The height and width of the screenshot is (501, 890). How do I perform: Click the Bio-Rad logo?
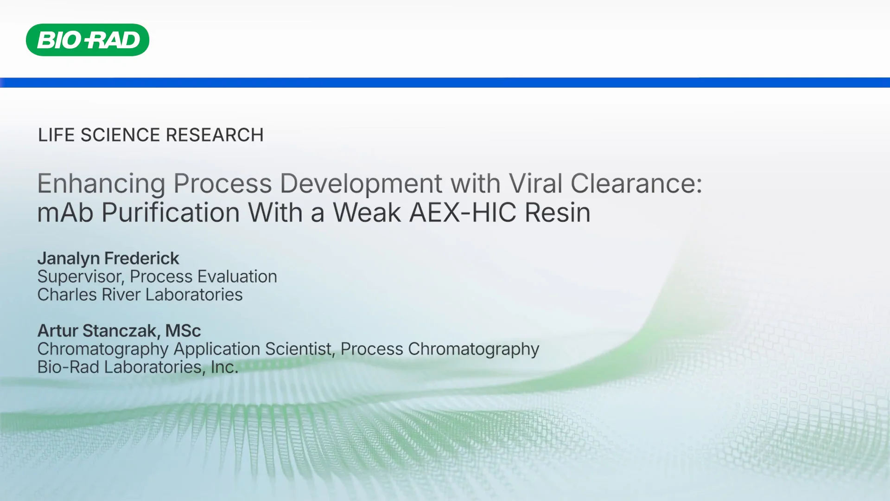(x=88, y=40)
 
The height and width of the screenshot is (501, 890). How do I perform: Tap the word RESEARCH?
(x=215, y=135)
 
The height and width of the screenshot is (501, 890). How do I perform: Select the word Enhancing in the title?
(x=101, y=184)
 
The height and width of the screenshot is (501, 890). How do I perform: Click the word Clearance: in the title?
(x=636, y=184)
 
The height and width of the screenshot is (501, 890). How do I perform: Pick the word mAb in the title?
(x=65, y=213)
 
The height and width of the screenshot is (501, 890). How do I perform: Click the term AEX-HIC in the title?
(x=463, y=213)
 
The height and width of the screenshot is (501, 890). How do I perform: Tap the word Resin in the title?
(x=558, y=213)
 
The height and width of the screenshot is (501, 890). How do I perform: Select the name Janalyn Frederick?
(x=108, y=258)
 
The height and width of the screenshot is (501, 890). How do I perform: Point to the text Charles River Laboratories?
(x=140, y=295)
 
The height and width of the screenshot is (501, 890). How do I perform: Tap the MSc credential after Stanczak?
(x=183, y=331)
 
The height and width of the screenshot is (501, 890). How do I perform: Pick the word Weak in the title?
(x=367, y=213)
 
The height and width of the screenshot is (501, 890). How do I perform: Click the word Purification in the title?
(x=170, y=213)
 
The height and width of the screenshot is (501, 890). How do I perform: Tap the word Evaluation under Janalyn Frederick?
(x=237, y=277)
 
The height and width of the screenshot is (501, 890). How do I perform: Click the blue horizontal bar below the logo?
(x=445, y=83)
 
